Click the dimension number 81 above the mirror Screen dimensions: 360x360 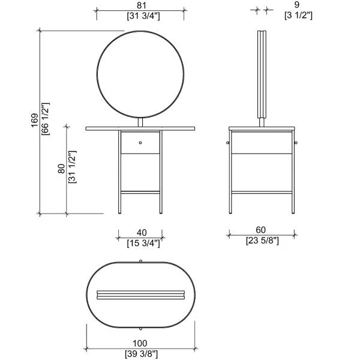point(141,5)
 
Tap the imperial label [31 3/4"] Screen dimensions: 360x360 point(143,16)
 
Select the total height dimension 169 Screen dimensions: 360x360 point(34,120)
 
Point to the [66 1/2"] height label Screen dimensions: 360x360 point(46,119)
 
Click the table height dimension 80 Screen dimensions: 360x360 point(61,169)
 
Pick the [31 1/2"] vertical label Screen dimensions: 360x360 point(73,167)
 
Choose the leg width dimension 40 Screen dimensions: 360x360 point(142,233)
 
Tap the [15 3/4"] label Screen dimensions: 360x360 point(143,243)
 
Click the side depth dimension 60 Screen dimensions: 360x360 point(260,230)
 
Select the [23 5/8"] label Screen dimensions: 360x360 point(262,241)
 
